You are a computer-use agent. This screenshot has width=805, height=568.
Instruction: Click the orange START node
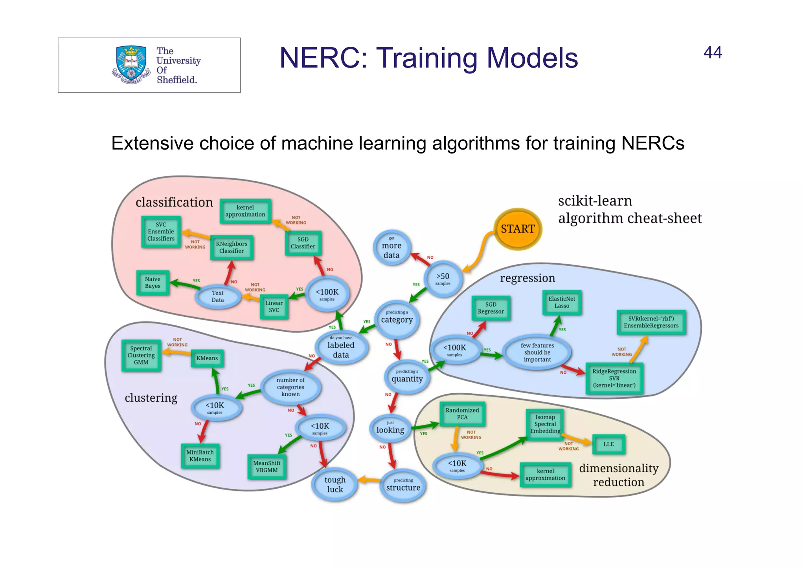click(517, 229)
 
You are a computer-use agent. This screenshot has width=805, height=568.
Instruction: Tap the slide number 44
click(712, 53)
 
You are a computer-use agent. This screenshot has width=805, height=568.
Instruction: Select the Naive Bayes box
click(153, 283)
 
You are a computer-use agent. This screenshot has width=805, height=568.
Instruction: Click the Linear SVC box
click(274, 307)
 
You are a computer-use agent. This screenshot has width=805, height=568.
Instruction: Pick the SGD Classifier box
click(303, 243)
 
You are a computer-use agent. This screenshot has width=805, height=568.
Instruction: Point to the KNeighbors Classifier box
click(232, 247)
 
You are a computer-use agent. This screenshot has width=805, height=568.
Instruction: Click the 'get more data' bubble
click(391, 248)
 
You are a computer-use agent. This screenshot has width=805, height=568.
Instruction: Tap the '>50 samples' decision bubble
click(443, 279)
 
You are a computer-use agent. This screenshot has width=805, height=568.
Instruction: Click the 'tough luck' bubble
click(335, 484)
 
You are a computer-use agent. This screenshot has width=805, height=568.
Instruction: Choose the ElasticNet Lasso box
click(562, 302)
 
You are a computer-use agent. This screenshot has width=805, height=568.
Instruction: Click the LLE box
click(608, 444)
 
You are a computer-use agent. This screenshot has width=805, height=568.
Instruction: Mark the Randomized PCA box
click(462, 414)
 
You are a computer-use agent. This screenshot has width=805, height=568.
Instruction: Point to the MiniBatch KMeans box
click(200, 456)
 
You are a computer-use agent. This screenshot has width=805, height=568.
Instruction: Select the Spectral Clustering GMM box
click(141, 355)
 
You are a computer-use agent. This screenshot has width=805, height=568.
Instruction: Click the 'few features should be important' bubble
click(537, 352)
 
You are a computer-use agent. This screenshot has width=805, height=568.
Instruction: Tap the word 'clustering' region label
click(151, 398)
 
